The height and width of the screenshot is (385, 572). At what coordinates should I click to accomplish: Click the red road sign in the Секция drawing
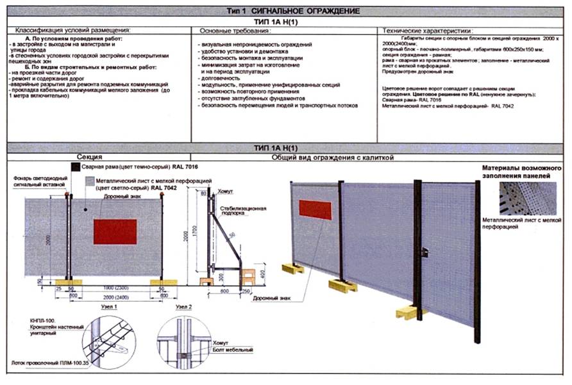click(x=115, y=231)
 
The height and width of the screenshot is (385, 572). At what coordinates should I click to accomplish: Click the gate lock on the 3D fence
click(x=425, y=253)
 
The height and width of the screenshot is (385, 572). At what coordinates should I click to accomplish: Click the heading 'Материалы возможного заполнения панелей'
click(x=522, y=172)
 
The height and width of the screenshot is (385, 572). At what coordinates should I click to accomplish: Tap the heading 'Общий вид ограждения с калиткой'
click(x=332, y=157)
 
